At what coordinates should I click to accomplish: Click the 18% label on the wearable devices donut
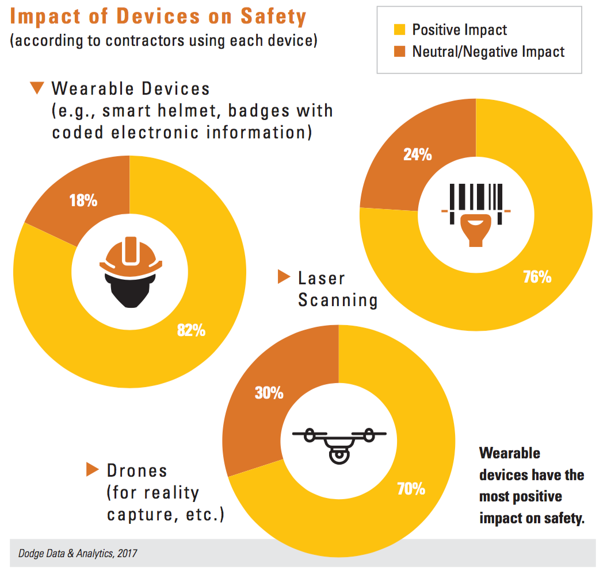point(84,201)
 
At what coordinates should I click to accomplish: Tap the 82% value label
point(192,330)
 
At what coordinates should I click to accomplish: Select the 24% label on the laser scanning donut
point(417,155)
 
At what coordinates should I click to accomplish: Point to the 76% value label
point(537,277)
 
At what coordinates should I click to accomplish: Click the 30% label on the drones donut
point(269,393)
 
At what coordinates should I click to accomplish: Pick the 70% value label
point(411,489)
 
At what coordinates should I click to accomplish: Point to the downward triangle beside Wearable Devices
point(37,88)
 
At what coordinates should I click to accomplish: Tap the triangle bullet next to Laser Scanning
point(284,277)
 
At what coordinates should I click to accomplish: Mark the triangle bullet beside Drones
point(93,469)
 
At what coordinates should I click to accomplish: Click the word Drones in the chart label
point(137,471)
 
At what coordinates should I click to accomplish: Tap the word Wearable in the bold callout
point(510,453)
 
